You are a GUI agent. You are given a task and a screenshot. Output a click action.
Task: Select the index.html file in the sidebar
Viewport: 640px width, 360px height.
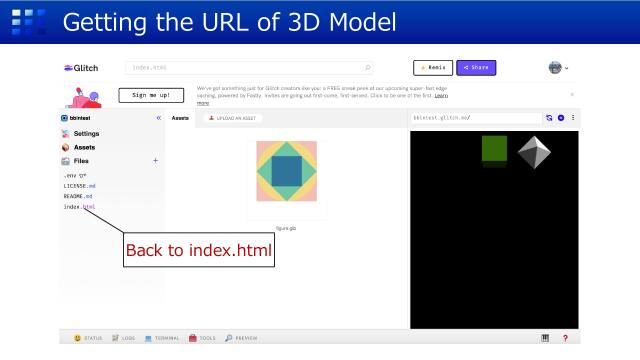pyautogui.click(x=79, y=207)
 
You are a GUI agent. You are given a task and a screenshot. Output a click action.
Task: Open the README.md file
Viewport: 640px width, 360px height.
pyautogui.click(x=79, y=196)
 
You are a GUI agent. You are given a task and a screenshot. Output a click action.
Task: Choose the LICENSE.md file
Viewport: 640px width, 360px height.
pyautogui.click(x=80, y=185)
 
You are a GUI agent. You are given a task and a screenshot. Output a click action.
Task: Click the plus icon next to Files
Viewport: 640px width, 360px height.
pyautogui.click(x=155, y=161)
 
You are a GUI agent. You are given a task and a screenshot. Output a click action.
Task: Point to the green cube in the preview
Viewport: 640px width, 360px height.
pyautogui.click(x=495, y=148)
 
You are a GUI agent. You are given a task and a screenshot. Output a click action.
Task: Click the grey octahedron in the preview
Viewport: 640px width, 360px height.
pyautogui.click(x=534, y=152)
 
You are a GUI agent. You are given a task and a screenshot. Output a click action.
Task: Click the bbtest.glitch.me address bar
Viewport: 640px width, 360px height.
pyautogui.click(x=475, y=118)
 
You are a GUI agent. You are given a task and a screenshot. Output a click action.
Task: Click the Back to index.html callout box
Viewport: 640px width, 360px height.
pyautogui.click(x=198, y=250)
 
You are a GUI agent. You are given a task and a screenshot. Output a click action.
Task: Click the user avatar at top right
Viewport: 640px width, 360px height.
pyautogui.click(x=555, y=67)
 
